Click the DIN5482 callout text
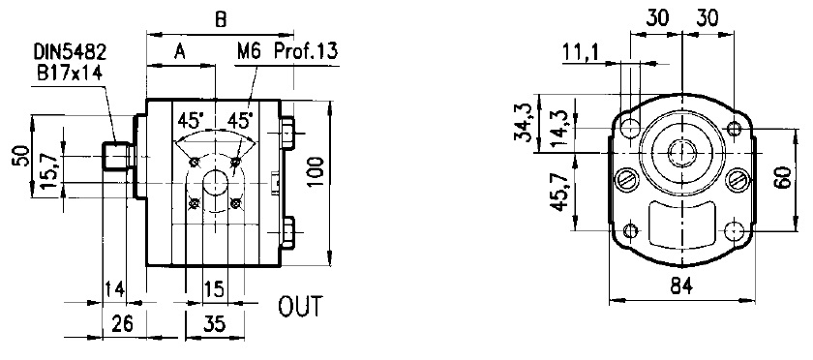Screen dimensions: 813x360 tap(70, 52)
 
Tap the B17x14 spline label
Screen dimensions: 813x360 tap(70, 73)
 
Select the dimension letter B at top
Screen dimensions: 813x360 tap(221, 19)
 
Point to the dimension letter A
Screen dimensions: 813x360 tap(179, 52)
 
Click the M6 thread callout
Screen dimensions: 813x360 tap(249, 51)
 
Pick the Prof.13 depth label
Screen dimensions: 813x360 tap(306, 51)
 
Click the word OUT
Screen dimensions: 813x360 tap(300, 307)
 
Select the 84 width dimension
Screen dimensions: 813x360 tap(680, 285)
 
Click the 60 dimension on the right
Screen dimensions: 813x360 tap(785, 177)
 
